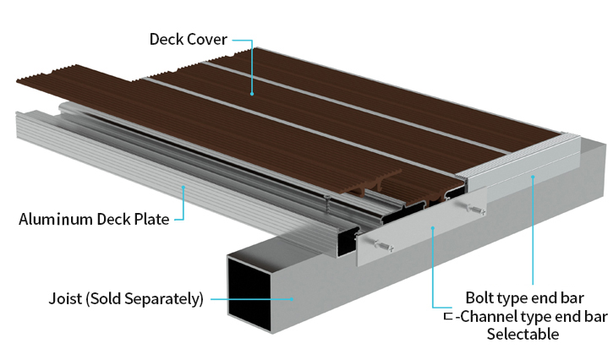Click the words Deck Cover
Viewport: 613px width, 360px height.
coord(188,39)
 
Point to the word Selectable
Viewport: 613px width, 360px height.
coord(523,334)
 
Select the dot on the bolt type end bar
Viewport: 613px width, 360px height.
coord(533,177)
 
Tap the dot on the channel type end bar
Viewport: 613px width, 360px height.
coord(433,226)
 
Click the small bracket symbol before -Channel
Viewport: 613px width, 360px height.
coord(448,318)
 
